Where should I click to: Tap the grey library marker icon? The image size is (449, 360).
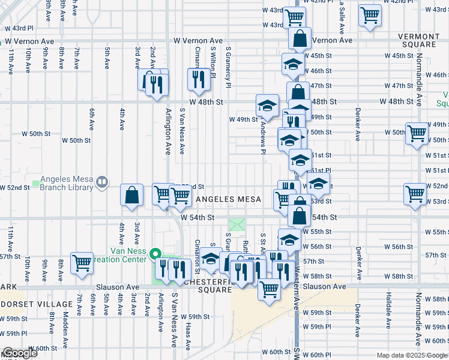click(x=102, y=181)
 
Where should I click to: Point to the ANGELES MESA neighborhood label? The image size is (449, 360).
click(x=228, y=199)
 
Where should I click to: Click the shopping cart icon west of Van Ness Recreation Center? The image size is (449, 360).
click(x=82, y=262)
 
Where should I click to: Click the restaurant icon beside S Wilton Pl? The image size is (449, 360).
click(x=197, y=79)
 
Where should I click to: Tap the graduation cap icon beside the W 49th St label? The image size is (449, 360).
click(x=267, y=106)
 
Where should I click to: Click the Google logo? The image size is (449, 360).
click(x=19, y=353)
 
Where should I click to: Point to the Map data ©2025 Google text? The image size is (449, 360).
click(x=411, y=355)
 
